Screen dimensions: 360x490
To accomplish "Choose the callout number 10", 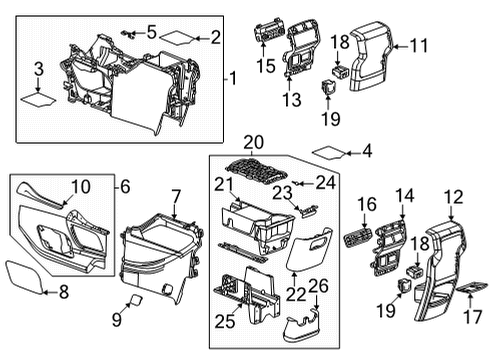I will [x=80, y=185].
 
